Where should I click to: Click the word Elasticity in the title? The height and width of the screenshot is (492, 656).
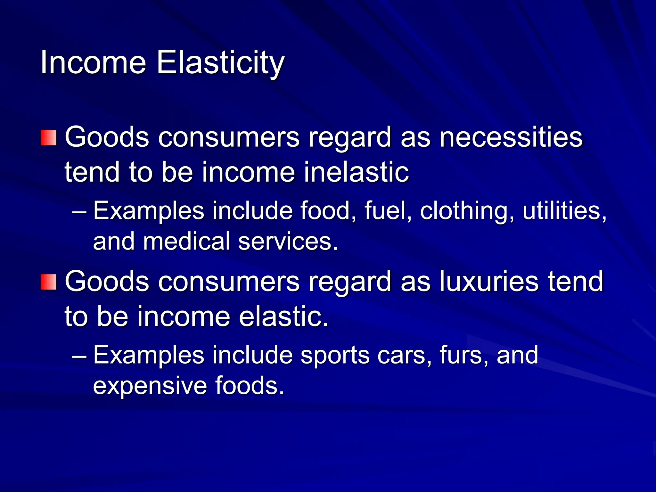(x=220, y=62)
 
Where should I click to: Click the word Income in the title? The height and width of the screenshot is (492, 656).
(x=93, y=62)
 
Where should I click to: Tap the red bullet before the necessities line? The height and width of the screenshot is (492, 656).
(x=49, y=138)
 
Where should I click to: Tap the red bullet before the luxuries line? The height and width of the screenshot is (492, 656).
(x=49, y=282)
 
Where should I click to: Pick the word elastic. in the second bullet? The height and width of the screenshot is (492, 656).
(x=284, y=316)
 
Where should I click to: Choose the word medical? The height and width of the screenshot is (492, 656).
(x=187, y=241)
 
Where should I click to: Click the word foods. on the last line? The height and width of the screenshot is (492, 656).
(x=250, y=385)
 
